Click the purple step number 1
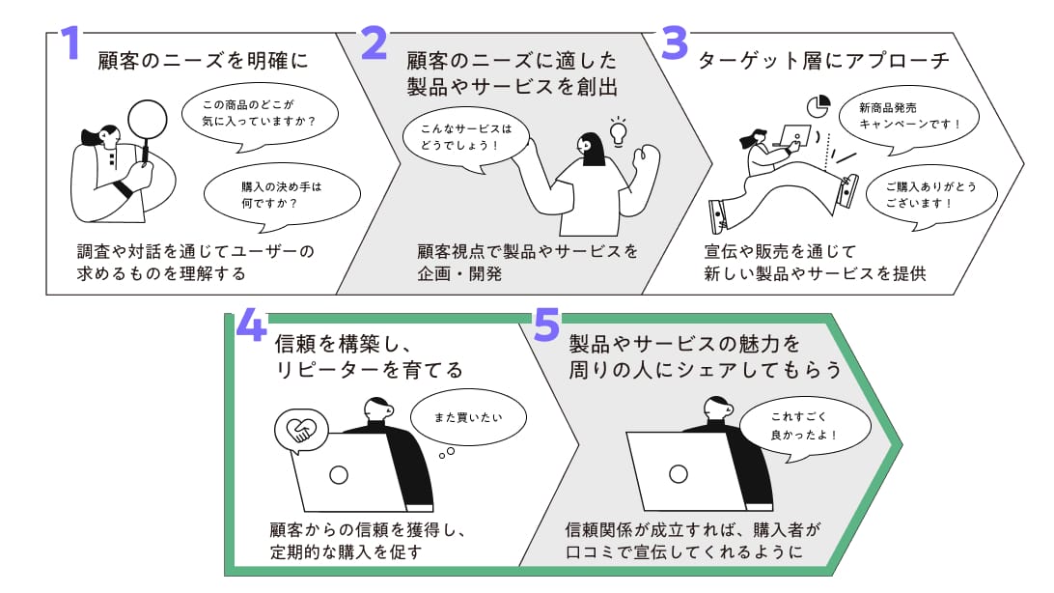69,43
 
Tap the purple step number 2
374,43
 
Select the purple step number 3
675,43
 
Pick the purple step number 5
546,325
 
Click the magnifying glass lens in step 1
148,120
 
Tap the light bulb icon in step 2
618,131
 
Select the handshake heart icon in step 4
300,431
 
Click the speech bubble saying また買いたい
468,417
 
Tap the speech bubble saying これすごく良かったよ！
805,427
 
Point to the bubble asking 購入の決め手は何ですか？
282,195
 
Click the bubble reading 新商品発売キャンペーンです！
909,116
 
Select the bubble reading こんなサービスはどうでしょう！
466,137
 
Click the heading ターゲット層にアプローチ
822,61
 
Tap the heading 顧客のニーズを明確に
203,61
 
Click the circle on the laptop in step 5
679,474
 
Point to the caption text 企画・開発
459,273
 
